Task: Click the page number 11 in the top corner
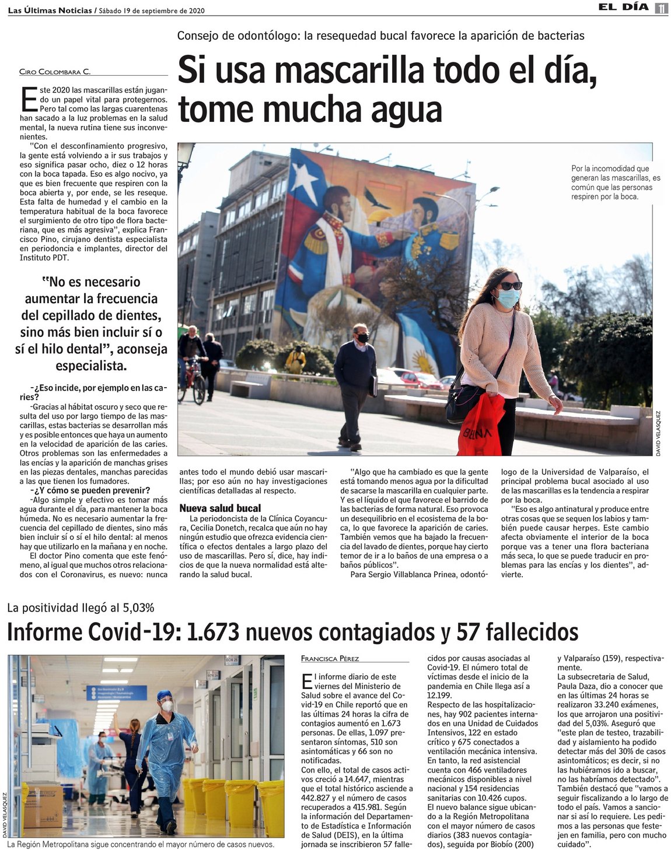point(661,8)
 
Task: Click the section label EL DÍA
point(623,8)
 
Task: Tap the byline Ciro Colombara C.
point(55,72)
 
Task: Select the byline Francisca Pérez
point(330,658)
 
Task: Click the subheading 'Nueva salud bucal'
point(220,508)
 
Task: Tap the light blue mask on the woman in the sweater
point(508,298)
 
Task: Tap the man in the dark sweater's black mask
point(362,338)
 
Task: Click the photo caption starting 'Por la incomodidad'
point(616,182)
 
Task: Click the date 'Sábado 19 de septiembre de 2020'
point(152,10)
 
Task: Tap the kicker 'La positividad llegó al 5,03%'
point(81,608)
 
